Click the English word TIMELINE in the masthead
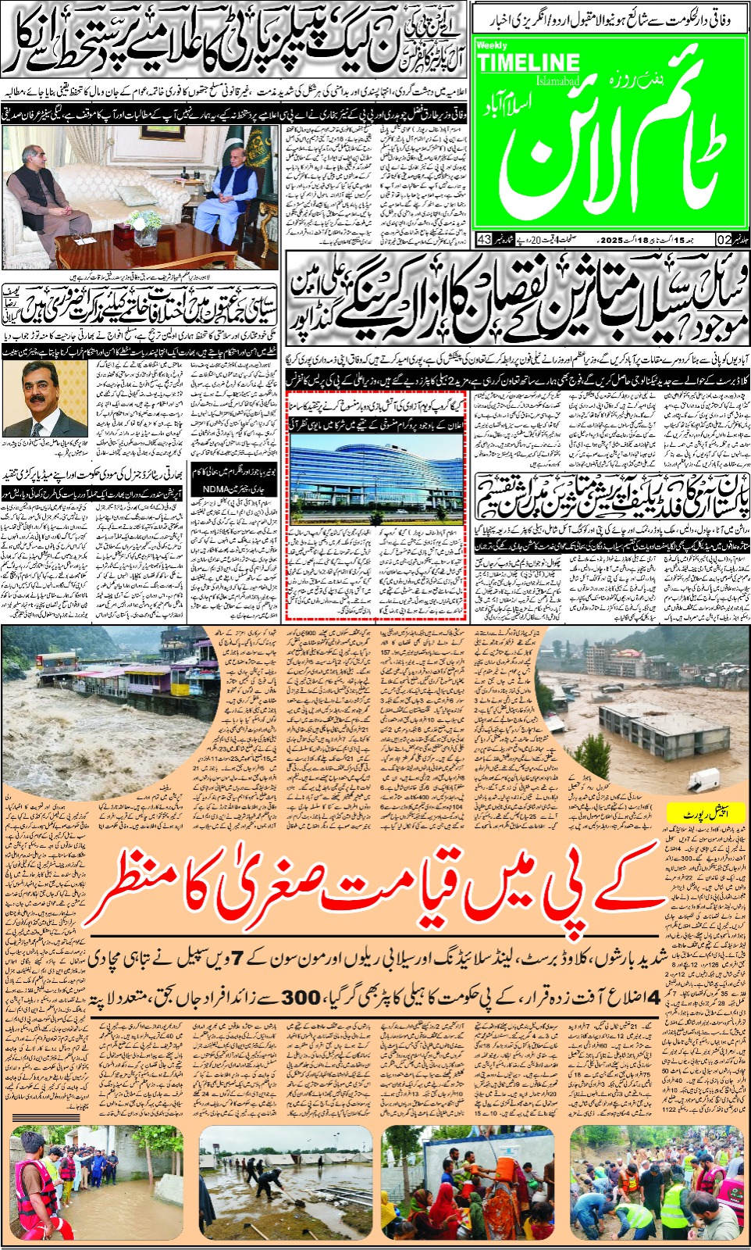(x=528, y=63)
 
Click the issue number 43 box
(x=483, y=239)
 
